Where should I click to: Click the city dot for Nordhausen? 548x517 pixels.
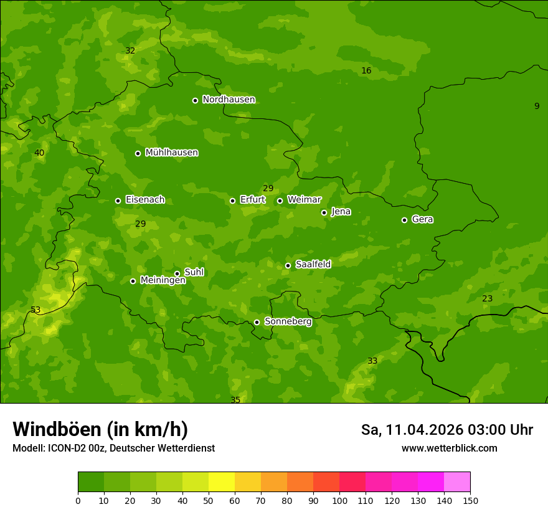(195, 100)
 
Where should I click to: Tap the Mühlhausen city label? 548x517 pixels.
(171, 153)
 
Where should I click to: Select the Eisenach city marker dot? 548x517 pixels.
(118, 201)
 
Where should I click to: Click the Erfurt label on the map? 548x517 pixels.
(252, 200)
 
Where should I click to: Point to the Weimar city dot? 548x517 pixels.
(280, 201)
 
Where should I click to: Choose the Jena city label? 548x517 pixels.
(341, 212)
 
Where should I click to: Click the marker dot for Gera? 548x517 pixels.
(404, 220)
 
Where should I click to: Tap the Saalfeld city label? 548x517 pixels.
(313, 265)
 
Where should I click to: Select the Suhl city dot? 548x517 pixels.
(177, 273)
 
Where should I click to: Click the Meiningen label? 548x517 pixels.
(163, 281)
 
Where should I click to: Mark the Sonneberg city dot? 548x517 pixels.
(257, 322)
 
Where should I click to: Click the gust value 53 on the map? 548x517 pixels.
(35, 310)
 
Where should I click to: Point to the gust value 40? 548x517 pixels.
(39, 153)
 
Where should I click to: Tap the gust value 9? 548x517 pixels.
(537, 107)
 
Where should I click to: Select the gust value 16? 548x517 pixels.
(366, 71)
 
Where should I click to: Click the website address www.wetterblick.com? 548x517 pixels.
(449, 448)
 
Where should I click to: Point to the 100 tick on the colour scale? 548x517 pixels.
(339, 500)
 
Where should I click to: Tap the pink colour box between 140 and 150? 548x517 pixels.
(457, 482)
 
